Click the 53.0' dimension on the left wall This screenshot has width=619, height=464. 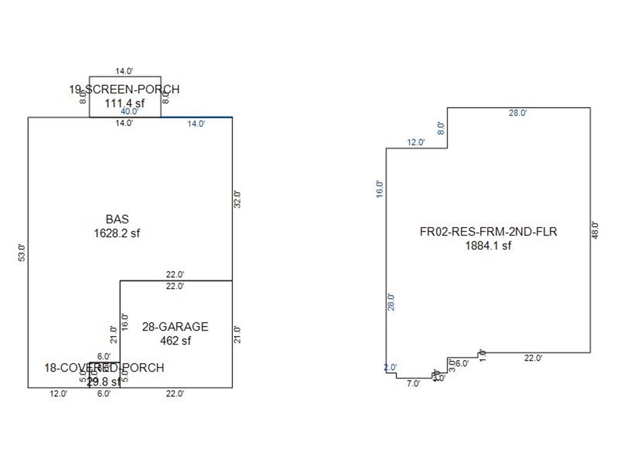[x=22, y=253]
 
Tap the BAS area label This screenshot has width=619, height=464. [x=117, y=219]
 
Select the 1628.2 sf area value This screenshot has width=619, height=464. [x=117, y=233]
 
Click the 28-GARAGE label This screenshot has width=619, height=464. [x=175, y=327]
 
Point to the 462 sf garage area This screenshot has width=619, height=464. [x=175, y=341]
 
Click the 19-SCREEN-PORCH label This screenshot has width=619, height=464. [x=124, y=89]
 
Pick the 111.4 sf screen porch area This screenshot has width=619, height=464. [x=125, y=103]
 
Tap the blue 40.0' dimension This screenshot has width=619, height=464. [x=129, y=111]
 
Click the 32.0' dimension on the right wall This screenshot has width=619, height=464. [x=238, y=199]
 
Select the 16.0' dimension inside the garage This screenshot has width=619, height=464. [x=125, y=322]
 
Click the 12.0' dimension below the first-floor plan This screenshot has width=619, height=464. [x=58, y=394]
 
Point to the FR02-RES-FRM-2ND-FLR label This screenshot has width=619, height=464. [x=488, y=232]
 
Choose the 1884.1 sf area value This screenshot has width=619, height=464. [x=488, y=246]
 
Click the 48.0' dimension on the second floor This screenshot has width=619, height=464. [x=595, y=230]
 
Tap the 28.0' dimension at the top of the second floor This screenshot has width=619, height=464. [x=518, y=113]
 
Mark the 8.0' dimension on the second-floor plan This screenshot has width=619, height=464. [x=441, y=128]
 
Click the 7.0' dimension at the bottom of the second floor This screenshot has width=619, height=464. [x=413, y=384]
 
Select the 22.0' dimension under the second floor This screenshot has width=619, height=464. [x=533, y=358]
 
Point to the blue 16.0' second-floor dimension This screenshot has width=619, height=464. [x=380, y=189]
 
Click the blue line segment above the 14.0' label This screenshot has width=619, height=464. [x=197, y=117]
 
